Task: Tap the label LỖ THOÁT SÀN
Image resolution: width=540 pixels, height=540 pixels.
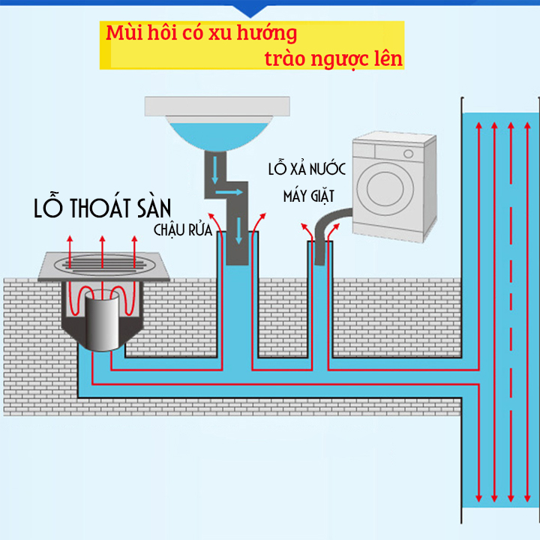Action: pos(102,208)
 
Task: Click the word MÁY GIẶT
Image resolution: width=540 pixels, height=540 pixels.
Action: pos(307,197)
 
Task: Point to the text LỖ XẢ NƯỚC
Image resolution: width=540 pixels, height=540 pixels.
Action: pos(307,169)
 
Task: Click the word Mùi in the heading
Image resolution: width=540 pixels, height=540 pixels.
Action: pos(122,34)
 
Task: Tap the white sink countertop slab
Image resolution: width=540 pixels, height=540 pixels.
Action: pos(217,106)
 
